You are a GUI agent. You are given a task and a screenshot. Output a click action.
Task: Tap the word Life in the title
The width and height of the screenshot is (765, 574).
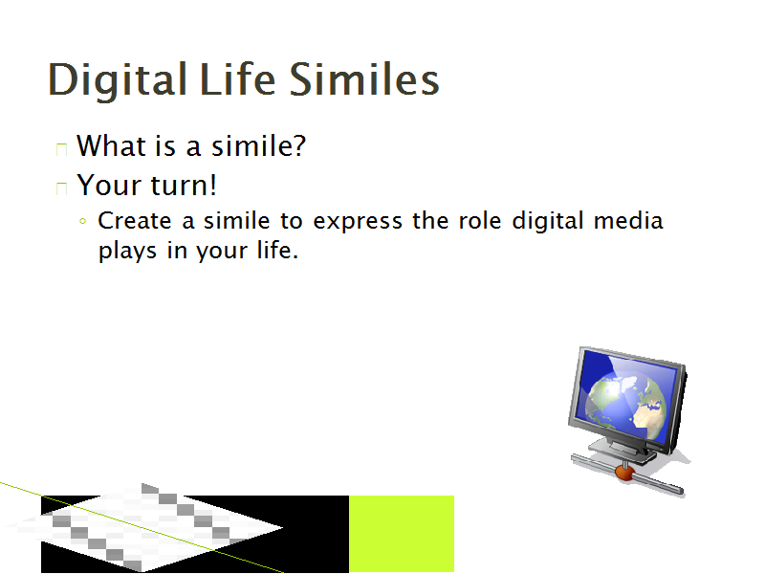point(237,78)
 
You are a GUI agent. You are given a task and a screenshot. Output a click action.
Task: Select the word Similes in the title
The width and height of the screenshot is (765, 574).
point(364,78)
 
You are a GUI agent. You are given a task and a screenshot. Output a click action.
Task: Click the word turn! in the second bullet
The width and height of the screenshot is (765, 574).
point(184,186)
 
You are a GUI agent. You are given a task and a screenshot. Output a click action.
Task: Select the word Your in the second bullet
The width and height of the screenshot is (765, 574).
point(109,185)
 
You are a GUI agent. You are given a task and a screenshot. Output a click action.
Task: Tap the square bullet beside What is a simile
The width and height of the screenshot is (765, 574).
point(61,149)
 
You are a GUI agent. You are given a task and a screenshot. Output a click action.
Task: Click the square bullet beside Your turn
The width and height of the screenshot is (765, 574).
point(61,188)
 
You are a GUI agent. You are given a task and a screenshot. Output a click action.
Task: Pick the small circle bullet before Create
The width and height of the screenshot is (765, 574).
point(82,221)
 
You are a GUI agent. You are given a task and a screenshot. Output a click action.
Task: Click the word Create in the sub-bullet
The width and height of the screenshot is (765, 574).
point(135,221)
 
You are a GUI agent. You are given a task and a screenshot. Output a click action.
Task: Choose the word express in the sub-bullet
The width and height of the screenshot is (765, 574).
point(358,223)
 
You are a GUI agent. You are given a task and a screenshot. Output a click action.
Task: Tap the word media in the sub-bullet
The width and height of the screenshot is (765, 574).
point(628,220)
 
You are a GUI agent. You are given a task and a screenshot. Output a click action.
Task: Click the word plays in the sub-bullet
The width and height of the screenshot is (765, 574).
point(128,252)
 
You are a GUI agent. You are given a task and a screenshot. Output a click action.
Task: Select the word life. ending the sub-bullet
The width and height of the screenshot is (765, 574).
point(277,250)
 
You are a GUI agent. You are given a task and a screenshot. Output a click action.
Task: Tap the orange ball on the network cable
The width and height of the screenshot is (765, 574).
point(624,473)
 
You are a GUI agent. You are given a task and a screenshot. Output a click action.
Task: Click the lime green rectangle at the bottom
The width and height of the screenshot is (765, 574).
point(402,534)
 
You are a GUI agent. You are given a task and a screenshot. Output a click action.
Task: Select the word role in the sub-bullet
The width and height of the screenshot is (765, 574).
point(480,220)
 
